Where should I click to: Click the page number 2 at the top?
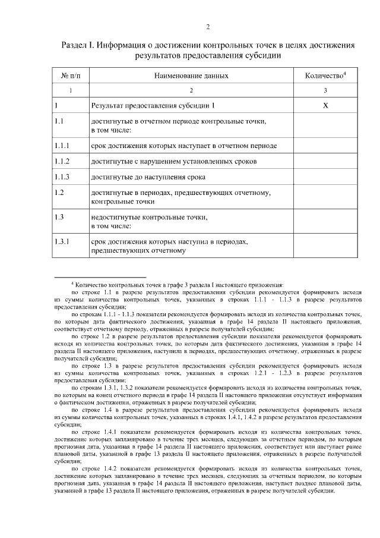pyautogui.click(x=208, y=27)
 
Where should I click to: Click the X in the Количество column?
pyautogui.click(x=325, y=106)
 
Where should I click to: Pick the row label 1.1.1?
pyautogui.click(x=62, y=145)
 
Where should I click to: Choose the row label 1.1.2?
pyautogui.click(x=62, y=161)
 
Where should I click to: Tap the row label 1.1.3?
pyautogui.click(x=62, y=177)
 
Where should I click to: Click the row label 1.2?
pyautogui.click(x=59, y=193)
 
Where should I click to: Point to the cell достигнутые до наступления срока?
pyautogui.click(x=148, y=177)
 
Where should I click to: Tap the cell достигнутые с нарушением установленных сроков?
pyautogui.click(x=173, y=161)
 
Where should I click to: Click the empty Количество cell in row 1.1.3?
pyautogui.click(x=325, y=177)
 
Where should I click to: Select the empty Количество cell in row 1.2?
pyautogui.click(x=325, y=197)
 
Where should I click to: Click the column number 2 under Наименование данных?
pyautogui.click(x=191, y=90)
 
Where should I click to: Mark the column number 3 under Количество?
pyautogui.click(x=325, y=90)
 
